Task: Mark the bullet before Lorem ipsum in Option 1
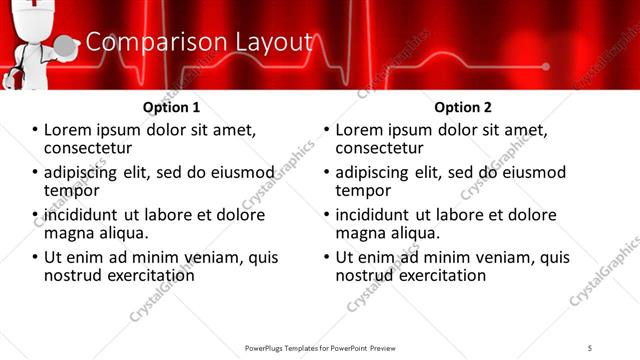(x=35, y=131)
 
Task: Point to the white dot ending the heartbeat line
(x=546, y=68)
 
